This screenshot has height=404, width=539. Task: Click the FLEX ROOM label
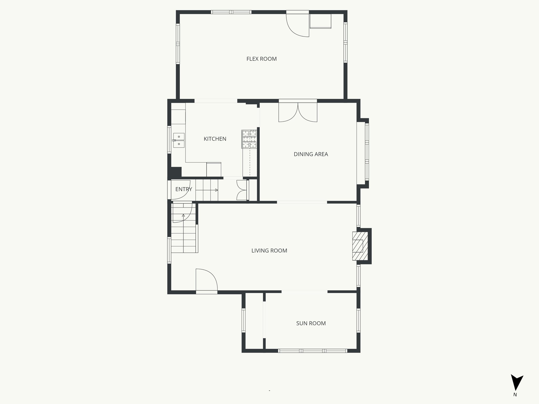[x=261, y=59]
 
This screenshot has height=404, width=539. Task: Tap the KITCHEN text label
[x=215, y=139]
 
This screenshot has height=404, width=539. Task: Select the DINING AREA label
[x=311, y=154]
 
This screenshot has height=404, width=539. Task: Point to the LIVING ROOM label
[x=269, y=251]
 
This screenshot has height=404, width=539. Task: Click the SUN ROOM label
[x=311, y=323]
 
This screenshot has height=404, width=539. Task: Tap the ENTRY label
[x=183, y=189]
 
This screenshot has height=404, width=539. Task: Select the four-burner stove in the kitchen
[x=249, y=139]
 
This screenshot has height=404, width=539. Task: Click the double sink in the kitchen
[x=179, y=140]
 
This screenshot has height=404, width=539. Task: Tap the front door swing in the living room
[x=206, y=280]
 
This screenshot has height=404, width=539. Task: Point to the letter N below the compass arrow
[x=515, y=402]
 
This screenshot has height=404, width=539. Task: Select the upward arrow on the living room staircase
[x=183, y=215]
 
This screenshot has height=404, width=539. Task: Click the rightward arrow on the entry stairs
[x=216, y=190]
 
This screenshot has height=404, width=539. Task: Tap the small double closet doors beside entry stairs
[x=242, y=190]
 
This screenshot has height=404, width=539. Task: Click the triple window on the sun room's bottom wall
[x=312, y=351]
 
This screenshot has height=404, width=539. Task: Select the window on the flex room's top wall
[x=231, y=12]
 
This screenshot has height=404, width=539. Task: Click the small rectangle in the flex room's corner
[x=320, y=21]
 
